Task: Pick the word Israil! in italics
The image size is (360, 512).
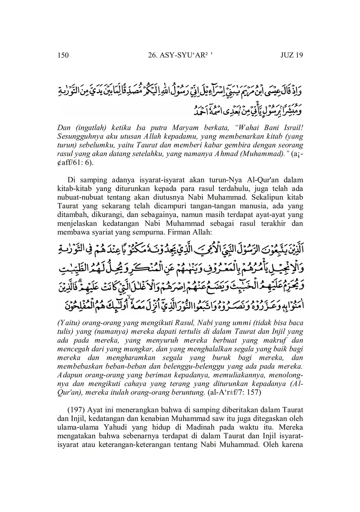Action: [x=292, y=128]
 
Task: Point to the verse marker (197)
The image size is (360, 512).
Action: [x=76, y=410]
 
